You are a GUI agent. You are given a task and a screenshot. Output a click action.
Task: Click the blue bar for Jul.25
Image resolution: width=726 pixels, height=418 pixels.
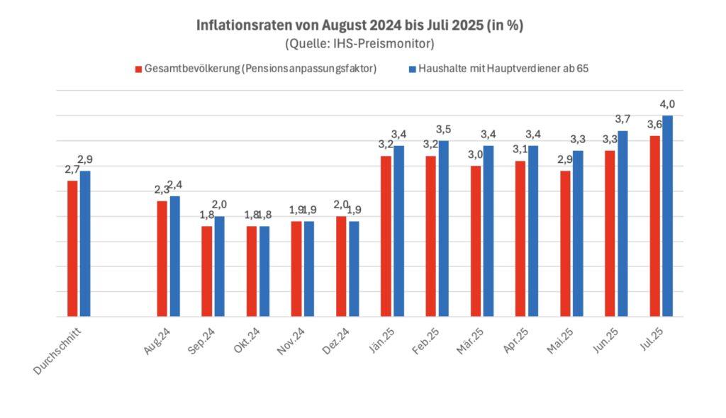point(667,216)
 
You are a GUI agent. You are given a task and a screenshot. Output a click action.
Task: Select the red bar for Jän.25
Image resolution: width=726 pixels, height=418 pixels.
point(386,236)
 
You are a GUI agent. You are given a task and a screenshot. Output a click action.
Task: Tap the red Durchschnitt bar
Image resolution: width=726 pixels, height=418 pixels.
point(72,248)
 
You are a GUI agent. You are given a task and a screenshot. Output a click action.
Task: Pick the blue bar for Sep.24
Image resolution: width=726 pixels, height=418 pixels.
point(219,266)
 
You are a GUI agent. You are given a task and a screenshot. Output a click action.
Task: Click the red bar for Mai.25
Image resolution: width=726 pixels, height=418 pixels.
point(565,244)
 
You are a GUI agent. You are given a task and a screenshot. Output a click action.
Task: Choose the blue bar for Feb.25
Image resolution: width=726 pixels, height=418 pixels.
point(443,228)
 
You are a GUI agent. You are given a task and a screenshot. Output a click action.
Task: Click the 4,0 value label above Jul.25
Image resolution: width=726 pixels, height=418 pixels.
point(667,104)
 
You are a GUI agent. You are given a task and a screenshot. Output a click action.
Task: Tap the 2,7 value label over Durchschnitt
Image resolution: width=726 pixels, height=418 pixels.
point(72,169)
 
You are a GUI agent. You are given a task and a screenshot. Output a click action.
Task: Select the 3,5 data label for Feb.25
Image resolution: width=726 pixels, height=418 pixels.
point(443,130)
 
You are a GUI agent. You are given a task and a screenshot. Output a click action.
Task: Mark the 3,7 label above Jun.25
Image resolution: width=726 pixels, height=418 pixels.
point(622,119)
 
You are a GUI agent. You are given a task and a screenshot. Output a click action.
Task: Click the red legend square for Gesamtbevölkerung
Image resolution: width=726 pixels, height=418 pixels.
point(138,69)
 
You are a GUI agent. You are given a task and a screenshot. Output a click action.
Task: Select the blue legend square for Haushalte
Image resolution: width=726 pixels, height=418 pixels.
point(412,69)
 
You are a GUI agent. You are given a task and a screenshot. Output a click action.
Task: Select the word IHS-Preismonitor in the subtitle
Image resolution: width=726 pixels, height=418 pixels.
point(389,44)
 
